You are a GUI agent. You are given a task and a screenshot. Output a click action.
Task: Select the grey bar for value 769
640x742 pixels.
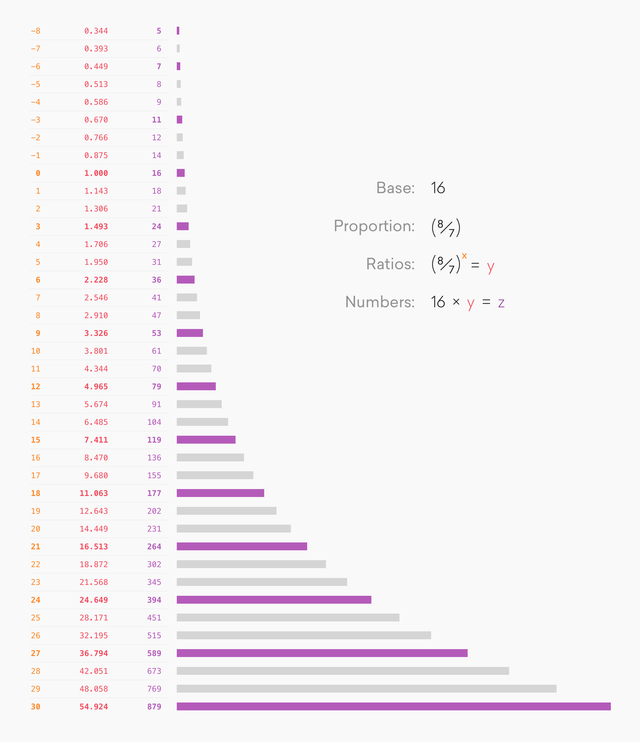366,688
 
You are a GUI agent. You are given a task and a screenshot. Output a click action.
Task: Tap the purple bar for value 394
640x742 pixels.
274,599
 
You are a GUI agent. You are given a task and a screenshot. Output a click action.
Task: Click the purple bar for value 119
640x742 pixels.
206,439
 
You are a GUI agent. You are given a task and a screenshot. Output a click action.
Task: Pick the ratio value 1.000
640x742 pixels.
96,173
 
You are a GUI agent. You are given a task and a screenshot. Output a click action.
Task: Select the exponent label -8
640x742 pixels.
36,31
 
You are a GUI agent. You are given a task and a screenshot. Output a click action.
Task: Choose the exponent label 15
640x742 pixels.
36,440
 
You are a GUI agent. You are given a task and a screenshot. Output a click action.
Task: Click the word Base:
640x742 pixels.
395,188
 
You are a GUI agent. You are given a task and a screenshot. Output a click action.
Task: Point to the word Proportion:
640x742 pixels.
374,226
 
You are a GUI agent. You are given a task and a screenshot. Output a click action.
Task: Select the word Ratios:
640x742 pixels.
390,264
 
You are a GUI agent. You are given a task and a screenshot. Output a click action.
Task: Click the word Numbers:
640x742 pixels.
380,302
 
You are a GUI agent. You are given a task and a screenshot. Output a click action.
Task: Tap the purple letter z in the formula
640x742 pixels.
501,303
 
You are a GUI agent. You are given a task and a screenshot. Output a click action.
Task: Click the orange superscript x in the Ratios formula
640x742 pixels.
464,256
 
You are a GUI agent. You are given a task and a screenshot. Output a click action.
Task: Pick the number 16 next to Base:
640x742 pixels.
438,188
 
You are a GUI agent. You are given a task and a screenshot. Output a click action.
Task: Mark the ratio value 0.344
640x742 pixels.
96,31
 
